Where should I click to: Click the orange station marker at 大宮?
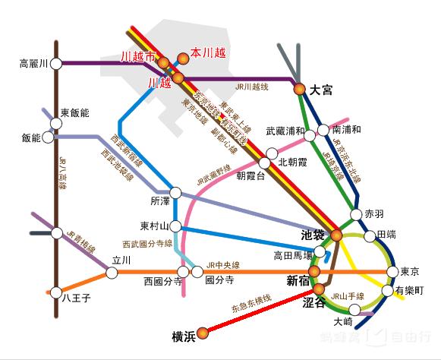pyautogui.click(x=300, y=90)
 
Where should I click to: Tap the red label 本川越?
pyautogui.click(x=208, y=55)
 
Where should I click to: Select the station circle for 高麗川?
pyautogui.click(x=55, y=64)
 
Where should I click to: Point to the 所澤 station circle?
pyautogui.click(x=176, y=193)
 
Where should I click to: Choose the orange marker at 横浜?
pyautogui.click(x=203, y=331)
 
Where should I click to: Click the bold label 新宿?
pyautogui.click(x=299, y=282)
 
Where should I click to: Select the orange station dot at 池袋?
pyautogui.click(x=336, y=235)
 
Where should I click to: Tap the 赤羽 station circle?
pyautogui.click(x=355, y=214)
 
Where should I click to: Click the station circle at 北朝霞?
pyautogui.click(x=265, y=163)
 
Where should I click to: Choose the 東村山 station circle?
pyautogui.click(x=175, y=226)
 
